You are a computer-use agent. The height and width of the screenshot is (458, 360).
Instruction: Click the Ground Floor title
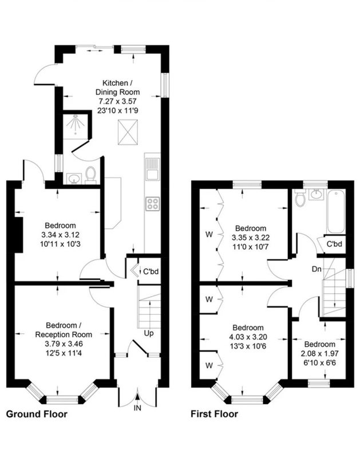[37, 414]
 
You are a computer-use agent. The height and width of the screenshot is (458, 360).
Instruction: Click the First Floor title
[214, 414]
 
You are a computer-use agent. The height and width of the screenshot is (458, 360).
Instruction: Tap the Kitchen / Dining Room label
[118, 88]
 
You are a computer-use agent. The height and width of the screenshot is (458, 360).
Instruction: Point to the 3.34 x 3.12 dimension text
[61, 235]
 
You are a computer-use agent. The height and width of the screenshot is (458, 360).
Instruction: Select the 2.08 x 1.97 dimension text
[320, 354]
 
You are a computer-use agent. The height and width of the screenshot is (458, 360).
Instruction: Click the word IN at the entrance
[137, 408]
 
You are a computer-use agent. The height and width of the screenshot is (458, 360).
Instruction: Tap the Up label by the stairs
[149, 333]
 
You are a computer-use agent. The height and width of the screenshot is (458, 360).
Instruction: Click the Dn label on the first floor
[317, 269]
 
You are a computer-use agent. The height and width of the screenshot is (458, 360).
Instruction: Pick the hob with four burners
[153, 204]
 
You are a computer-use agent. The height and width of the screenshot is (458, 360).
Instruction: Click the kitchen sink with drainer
[152, 169]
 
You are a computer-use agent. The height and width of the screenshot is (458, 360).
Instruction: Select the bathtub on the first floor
[336, 211]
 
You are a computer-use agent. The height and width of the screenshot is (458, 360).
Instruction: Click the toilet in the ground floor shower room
[91, 175]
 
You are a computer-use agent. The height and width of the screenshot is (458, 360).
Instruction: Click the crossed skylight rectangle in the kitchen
[128, 132]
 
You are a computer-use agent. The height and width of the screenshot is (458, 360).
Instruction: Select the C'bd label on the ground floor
[151, 271]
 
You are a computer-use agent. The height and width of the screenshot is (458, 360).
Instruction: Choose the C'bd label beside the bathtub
[334, 244]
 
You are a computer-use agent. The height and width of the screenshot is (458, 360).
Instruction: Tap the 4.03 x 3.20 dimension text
[248, 337]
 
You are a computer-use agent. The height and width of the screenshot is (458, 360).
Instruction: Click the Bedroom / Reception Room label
[64, 330]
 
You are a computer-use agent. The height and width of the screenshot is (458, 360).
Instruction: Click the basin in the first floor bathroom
[316, 195]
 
